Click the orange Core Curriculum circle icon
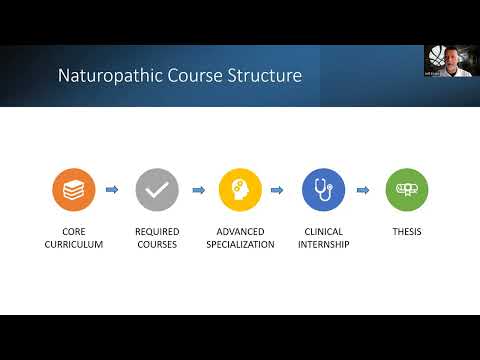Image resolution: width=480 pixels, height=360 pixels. point(74,190)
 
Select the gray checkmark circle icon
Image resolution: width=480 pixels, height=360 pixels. point(157,190)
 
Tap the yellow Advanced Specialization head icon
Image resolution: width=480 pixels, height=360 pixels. point(240,190)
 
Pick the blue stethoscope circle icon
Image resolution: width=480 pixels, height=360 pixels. point(323,190)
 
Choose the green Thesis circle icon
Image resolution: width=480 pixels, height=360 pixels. point(406,190)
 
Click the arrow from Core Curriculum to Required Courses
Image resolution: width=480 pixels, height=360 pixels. point(113,190)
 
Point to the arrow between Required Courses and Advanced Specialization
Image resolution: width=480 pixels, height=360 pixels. point(198,190)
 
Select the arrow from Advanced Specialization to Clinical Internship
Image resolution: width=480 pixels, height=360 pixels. point(281,190)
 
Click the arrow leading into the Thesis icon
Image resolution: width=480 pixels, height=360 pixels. point(365,190)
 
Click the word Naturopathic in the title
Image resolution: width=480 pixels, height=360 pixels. point(105,75)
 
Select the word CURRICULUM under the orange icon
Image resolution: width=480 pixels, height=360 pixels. point(74,245)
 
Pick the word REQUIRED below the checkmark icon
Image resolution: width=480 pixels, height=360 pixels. point(157,232)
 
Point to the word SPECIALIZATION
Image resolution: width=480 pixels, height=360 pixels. point(240,245)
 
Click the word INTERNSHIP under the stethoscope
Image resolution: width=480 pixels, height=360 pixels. point(323,245)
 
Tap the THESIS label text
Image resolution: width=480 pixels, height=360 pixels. point(406,232)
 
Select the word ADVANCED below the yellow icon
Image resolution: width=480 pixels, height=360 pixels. point(240,232)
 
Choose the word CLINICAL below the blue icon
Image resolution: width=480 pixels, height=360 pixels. point(323,232)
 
